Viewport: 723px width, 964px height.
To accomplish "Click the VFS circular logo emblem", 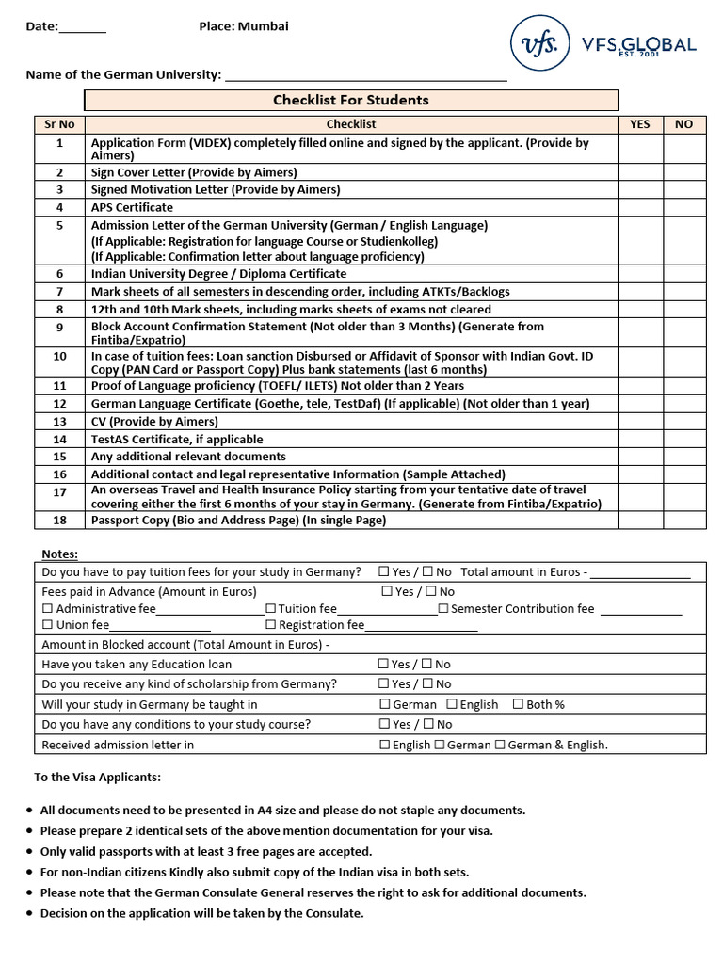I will coord(540,43).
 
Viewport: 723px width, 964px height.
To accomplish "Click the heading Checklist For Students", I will coord(351,100).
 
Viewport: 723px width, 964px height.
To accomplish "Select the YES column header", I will coord(640,123).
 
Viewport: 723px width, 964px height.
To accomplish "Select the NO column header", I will coord(684,123).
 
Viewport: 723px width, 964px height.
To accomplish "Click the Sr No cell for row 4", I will coord(59,207).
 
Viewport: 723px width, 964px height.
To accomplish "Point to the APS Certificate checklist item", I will coord(132,207).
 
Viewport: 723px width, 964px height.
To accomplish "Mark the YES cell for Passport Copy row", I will coord(640,521).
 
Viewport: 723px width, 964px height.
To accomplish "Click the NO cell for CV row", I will coord(684,422).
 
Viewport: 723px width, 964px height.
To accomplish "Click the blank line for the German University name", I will coord(366,75).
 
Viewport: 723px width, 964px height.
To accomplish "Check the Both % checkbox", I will coord(518,704).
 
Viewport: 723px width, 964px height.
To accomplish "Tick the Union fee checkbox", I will coord(48,625).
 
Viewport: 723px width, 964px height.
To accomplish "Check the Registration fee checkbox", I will coord(271,625).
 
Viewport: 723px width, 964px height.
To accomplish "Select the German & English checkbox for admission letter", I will coord(500,745).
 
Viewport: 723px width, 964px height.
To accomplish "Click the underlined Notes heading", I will coord(60,554).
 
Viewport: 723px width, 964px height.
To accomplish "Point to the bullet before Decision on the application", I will coord(30,913).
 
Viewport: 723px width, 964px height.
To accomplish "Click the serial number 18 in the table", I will coord(59,521).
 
